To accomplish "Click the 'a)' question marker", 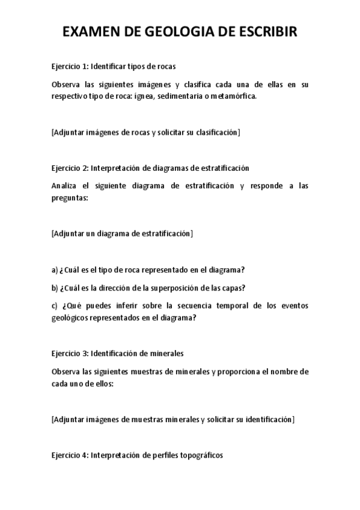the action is coord(55,269).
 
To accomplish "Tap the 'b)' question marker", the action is coord(55,287).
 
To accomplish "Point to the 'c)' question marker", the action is coord(55,306).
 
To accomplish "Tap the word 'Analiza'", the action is coord(66,186).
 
